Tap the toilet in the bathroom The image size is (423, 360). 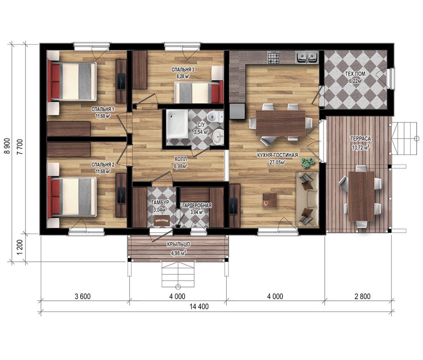214,117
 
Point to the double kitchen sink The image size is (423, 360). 306,57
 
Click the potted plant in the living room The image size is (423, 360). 307,163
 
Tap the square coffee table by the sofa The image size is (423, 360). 269,201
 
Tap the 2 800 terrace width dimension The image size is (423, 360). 362,296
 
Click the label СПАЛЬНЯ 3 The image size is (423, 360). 183,70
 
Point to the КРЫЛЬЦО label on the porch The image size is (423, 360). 178,244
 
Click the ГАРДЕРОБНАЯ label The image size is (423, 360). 197,205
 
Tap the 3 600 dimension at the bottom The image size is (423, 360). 82,296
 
